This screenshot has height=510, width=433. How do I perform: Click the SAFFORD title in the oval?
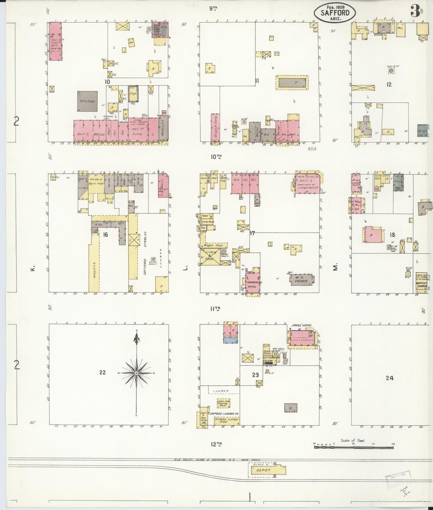coord(335,13)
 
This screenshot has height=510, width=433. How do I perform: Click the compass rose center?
coord(137,373)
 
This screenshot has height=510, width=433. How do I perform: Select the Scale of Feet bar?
coord(354,447)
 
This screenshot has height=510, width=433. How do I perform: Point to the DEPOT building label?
coord(263,470)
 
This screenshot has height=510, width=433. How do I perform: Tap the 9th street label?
coord(213,9)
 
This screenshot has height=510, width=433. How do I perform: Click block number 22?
coord(102,373)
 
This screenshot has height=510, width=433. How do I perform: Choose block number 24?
coord(389,378)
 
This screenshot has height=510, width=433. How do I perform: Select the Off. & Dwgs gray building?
coord(87,101)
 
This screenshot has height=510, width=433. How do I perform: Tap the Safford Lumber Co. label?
coord(224,414)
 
